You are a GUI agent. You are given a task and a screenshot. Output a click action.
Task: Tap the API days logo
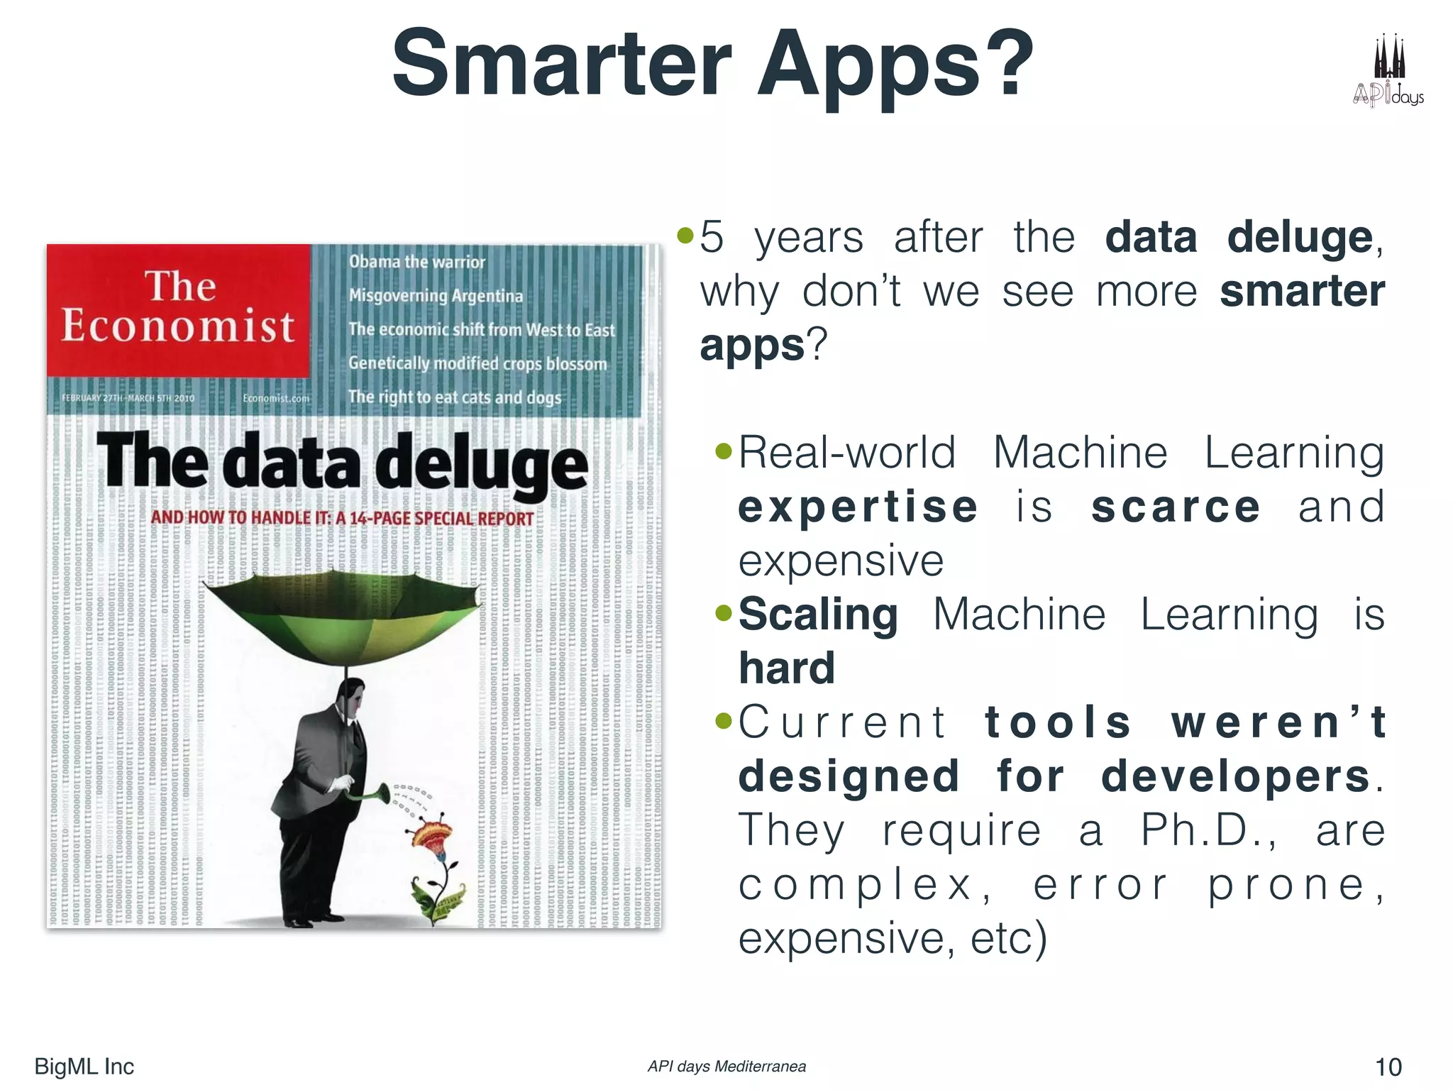[x=1388, y=72]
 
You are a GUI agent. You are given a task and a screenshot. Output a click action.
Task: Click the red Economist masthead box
[x=178, y=309]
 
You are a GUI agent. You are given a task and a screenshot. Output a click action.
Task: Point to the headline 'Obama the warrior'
[x=416, y=262]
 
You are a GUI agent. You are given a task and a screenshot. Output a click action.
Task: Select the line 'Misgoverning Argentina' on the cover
[x=436, y=296]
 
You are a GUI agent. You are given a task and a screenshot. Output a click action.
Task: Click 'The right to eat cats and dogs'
[x=454, y=397]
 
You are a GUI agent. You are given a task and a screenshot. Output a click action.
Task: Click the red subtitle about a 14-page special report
[x=342, y=518]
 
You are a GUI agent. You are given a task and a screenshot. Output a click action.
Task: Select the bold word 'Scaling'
[x=818, y=615]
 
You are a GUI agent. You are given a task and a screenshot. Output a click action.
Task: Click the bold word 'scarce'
[x=1175, y=507]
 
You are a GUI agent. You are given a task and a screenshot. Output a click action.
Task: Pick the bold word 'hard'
[x=787, y=668]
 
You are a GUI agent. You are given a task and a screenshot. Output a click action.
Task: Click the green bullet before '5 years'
[x=685, y=236]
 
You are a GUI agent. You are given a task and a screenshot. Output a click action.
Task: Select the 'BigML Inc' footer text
[x=84, y=1067]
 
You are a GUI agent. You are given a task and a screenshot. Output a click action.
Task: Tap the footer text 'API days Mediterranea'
[x=726, y=1067]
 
